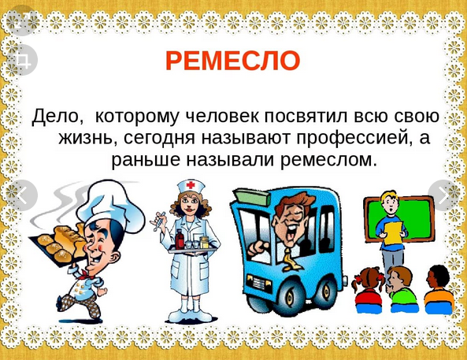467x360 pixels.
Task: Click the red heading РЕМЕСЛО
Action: [x=232, y=61]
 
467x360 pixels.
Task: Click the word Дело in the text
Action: [x=57, y=116]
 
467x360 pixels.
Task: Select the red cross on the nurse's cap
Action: [x=191, y=185]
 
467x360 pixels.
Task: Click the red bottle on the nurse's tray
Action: [x=180, y=239]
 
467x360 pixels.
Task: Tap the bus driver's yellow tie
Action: [x=289, y=258]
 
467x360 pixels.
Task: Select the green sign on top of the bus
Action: [x=251, y=197]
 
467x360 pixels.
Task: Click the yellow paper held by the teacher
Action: [x=392, y=233]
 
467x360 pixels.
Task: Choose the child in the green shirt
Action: [x=402, y=290]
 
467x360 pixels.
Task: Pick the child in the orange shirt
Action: [x=439, y=290]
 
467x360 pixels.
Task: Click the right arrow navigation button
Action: [x=444, y=195]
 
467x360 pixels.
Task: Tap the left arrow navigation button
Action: [x=22, y=195]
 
